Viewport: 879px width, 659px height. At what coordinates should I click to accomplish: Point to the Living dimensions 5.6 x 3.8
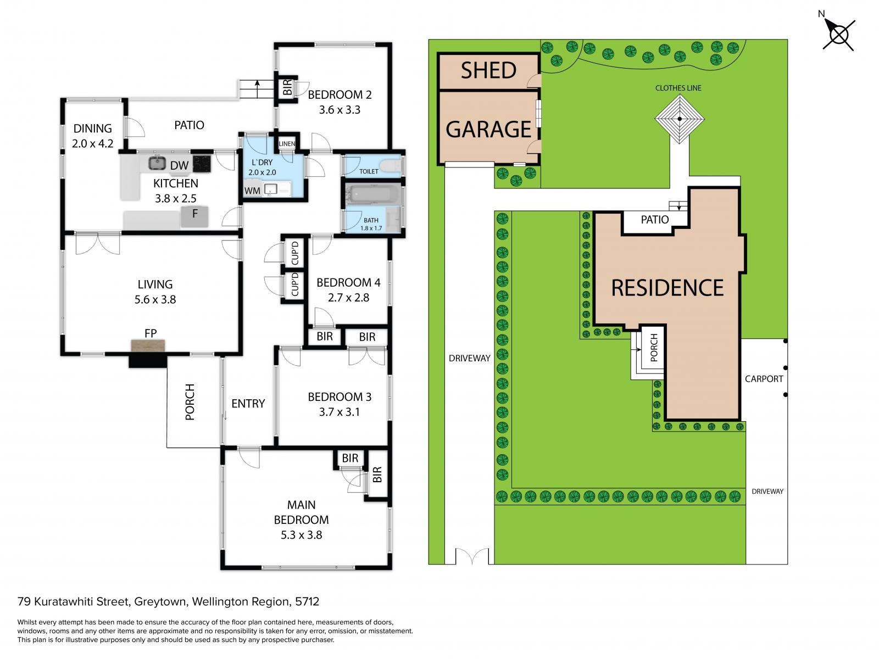154,299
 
